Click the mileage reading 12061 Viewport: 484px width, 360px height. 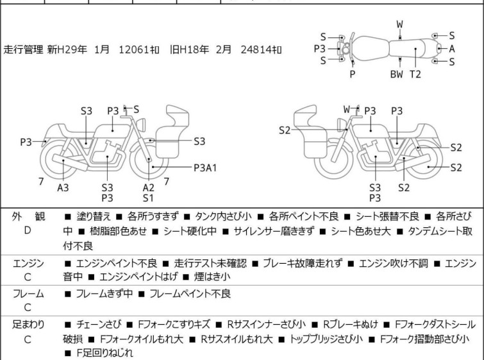click(134, 49)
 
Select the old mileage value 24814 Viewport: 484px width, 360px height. click(256, 49)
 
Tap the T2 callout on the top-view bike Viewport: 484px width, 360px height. click(415, 74)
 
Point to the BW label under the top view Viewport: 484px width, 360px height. click(397, 74)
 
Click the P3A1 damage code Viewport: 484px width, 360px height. click(205, 167)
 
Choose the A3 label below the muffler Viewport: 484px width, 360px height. click(63, 187)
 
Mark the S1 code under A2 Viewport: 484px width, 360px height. click(148, 198)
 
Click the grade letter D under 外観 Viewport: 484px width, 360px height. click(28, 230)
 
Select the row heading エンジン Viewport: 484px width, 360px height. click(28, 264)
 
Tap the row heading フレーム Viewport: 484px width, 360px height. click(28, 294)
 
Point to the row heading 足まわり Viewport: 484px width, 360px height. click(28, 325)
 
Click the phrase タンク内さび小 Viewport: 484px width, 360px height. click(223, 216)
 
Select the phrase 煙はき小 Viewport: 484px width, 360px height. click(212, 277)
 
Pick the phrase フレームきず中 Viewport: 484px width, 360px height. click(104, 293)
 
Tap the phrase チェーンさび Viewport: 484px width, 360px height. click(99, 325)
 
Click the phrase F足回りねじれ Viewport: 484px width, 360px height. click(105, 353)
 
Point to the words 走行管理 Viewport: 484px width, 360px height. click(23, 49)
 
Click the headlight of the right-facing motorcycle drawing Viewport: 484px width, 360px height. click(141, 125)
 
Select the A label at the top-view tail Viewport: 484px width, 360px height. click(452, 49)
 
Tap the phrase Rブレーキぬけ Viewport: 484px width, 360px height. click(351, 325)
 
